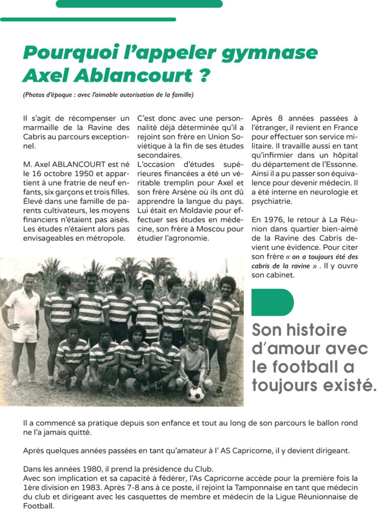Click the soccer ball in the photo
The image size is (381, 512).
pyautogui.click(x=195, y=394)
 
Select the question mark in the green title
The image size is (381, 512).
pyautogui.click(x=203, y=75)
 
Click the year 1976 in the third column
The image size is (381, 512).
pyautogui.click(x=275, y=219)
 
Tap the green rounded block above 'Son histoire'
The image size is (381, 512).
pyautogui.click(x=272, y=302)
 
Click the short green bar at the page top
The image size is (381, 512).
pyautogui.click(x=139, y=4)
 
